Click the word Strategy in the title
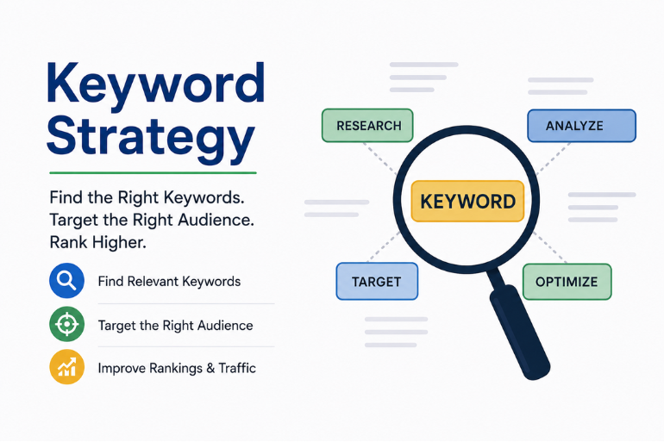click(151, 138)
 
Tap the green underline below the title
click(153, 172)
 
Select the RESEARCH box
click(367, 125)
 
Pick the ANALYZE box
click(581, 126)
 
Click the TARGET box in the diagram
click(377, 281)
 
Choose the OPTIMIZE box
click(567, 282)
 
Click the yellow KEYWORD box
click(467, 202)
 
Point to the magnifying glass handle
click(519, 328)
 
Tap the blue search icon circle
click(66, 280)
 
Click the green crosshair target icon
click(66, 324)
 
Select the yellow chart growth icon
click(66, 367)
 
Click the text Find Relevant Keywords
click(169, 282)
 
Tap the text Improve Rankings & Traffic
click(177, 368)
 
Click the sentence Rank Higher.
click(97, 242)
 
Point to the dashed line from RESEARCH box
click(379, 159)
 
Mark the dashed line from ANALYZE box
click(553, 159)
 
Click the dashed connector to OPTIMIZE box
click(549, 247)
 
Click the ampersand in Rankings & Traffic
click(210, 368)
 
